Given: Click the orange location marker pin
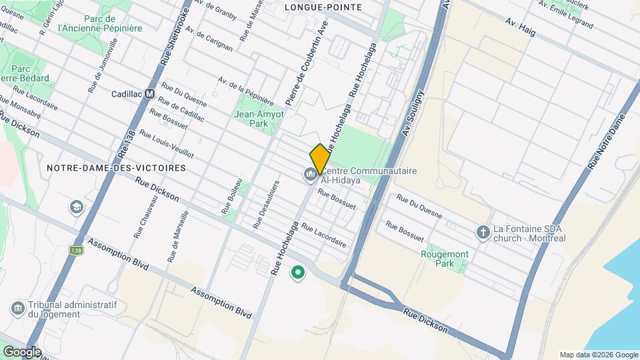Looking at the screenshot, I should tap(320, 159).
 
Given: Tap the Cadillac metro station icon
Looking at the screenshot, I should tap(150, 94).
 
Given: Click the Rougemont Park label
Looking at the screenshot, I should tap(445, 259).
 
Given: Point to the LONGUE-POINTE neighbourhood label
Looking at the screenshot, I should tap(323, 7).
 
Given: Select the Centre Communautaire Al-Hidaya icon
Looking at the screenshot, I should tap(309, 175).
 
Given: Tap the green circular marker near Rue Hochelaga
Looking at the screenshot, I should tap(297, 272).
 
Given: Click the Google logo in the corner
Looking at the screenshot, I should tap(21, 352).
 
